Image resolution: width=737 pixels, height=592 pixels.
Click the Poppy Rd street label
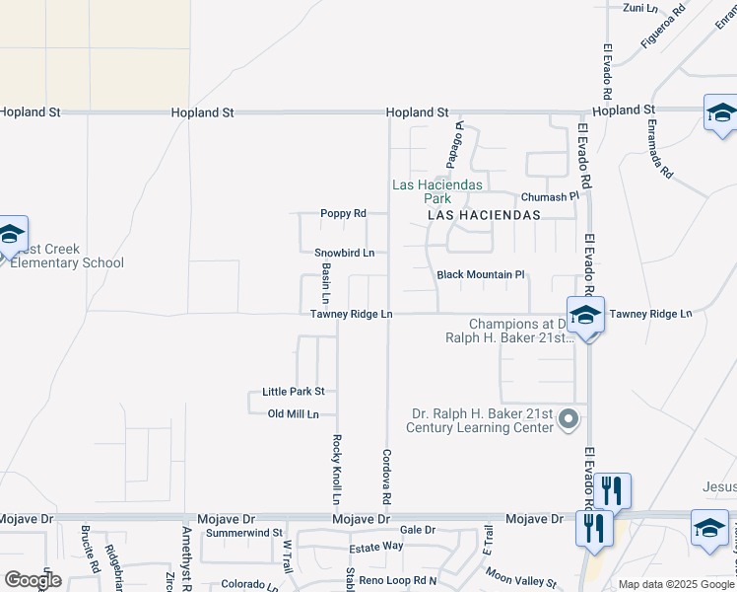click(x=343, y=213)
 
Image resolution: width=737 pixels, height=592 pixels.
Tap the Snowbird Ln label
click(x=344, y=253)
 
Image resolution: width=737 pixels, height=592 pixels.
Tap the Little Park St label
click(x=293, y=392)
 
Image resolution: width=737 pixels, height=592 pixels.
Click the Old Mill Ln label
click(x=294, y=414)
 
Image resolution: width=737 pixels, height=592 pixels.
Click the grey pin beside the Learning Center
click(x=569, y=420)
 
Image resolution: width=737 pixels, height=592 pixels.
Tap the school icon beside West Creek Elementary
click(x=11, y=235)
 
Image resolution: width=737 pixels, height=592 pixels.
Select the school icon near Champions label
click(x=585, y=316)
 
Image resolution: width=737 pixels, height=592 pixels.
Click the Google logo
click(x=32, y=580)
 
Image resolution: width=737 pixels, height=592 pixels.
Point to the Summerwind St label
click(x=243, y=533)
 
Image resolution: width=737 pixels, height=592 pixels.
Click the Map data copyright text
click(x=675, y=584)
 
